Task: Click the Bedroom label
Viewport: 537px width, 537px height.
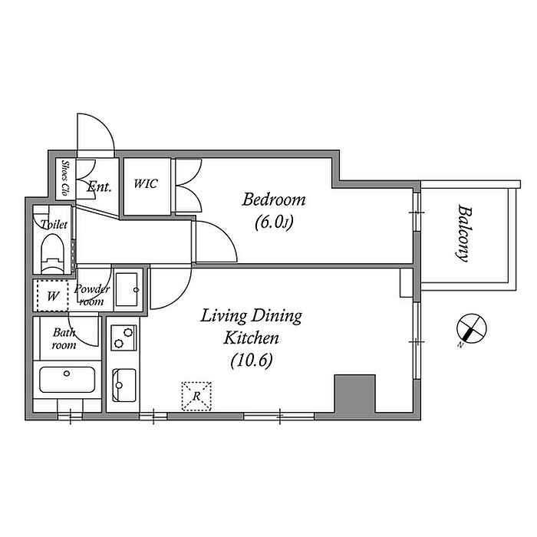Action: click(x=274, y=200)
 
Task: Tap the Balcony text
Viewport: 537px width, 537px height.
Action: click(x=463, y=233)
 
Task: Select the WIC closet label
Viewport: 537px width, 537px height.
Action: click(x=146, y=184)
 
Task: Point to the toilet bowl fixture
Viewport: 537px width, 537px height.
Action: click(x=52, y=253)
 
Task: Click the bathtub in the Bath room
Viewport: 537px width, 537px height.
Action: click(x=68, y=380)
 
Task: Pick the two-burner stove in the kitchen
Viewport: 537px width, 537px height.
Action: click(x=124, y=338)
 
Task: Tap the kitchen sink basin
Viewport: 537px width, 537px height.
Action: click(x=124, y=385)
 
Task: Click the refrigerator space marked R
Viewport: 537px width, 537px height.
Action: click(x=196, y=397)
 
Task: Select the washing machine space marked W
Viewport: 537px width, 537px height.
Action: click(x=52, y=296)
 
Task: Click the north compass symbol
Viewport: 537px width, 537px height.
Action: click(x=471, y=328)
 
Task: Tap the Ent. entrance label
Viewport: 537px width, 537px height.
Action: click(x=99, y=187)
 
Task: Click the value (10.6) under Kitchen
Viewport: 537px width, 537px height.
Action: click(x=252, y=361)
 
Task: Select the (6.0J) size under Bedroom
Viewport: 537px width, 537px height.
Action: click(x=274, y=223)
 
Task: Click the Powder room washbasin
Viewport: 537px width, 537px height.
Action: click(x=127, y=290)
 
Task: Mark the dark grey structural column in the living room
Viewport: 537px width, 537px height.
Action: click(x=354, y=394)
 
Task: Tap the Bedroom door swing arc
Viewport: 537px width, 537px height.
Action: click(x=226, y=233)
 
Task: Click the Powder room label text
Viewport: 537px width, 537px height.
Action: click(x=92, y=295)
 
